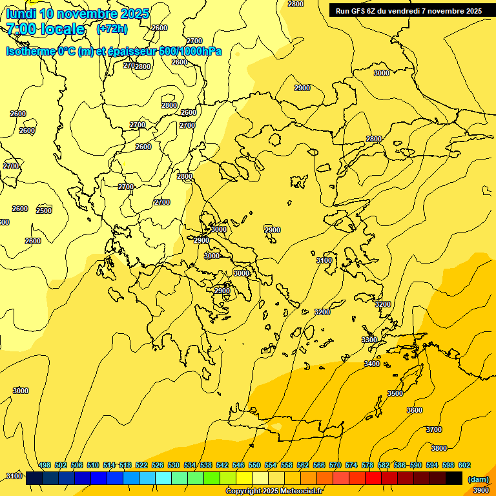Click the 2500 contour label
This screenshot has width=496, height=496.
click(x=44, y=211)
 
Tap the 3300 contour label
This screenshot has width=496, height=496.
click(x=369, y=340)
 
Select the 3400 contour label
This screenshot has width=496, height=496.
click(x=372, y=364)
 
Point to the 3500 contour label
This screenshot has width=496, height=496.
click(x=395, y=393)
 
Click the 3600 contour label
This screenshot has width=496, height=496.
click(x=415, y=410)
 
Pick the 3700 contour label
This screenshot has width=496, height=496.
click(x=434, y=429)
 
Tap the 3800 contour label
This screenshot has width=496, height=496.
click(x=439, y=448)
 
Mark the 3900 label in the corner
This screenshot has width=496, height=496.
click(x=481, y=490)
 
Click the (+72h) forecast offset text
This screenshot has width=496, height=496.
click(x=112, y=29)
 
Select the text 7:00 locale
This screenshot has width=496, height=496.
click(x=45, y=29)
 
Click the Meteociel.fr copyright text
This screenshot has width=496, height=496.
click(x=274, y=491)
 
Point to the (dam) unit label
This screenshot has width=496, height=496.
click(x=478, y=479)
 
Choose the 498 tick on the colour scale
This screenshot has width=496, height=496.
click(x=45, y=465)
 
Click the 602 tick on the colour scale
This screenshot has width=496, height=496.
click(x=464, y=465)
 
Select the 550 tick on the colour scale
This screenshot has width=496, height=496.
click(x=254, y=465)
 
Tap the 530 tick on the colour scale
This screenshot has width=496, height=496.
click(x=174, y=465)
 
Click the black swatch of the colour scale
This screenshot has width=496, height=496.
click(x=454, y=479)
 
